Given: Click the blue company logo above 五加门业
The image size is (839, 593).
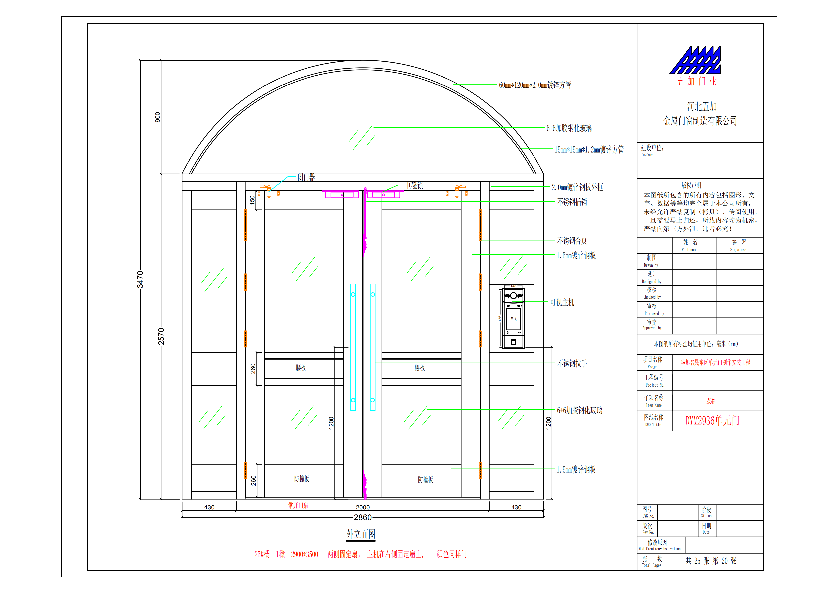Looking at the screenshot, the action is point(695,60).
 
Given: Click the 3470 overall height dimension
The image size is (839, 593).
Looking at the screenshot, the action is point(140,280).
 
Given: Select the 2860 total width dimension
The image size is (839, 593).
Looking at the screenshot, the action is point(363,517).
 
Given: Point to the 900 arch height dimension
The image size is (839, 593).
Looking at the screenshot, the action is point(157,117).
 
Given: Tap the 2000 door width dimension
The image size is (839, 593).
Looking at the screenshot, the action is point(363,507).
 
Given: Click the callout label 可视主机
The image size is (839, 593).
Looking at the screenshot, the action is point(562,302).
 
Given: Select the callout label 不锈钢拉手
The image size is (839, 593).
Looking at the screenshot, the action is point(572,363).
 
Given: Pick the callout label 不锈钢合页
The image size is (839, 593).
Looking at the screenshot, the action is point(572,241).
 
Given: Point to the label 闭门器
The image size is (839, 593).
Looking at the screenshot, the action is point(306,177).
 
